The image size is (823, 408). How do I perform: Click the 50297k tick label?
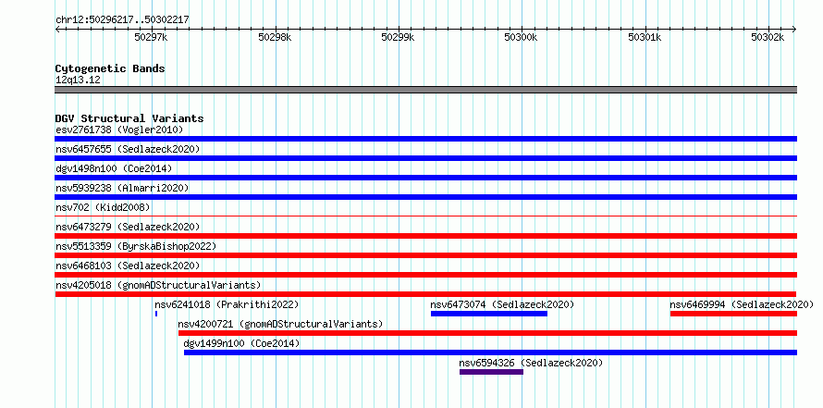151,37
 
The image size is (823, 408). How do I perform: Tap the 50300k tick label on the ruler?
521,37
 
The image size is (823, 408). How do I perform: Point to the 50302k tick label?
768,37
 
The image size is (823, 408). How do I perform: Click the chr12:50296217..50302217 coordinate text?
122,20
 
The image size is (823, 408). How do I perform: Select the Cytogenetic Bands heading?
110,68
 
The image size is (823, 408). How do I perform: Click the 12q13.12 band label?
79,80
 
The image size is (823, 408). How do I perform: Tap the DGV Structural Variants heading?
129,118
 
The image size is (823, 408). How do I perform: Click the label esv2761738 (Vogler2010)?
119,130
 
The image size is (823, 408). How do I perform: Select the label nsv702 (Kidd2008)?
103,207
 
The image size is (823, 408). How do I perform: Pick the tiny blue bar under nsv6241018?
156,314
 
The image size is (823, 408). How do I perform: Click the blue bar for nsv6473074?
489,314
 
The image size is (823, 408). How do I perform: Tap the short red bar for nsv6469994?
734,314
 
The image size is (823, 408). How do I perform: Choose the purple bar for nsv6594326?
491,372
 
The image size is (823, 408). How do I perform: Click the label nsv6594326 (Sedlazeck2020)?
531,363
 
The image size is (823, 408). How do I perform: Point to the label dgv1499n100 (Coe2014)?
241,343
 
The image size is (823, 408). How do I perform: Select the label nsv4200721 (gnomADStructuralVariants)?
280,324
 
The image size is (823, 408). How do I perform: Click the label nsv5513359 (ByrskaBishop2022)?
136,246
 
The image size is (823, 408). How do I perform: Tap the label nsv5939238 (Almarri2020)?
122,188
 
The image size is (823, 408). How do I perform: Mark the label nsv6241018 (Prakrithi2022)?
227,304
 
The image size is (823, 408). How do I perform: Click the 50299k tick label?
398,37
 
